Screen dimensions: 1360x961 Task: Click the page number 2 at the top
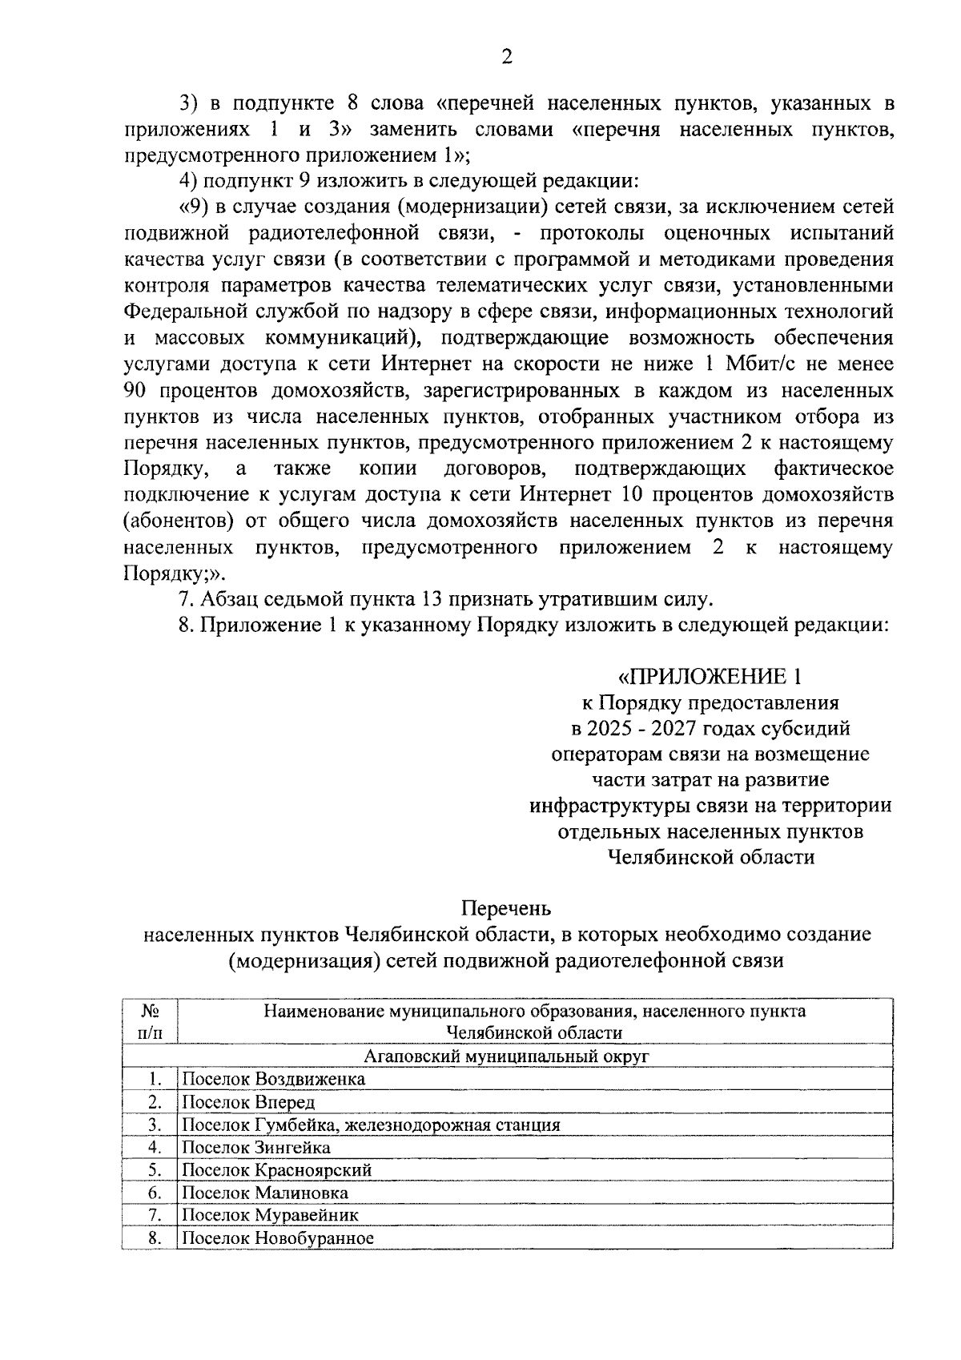coord(505,56)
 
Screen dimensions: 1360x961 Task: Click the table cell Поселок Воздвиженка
coord(273,1079)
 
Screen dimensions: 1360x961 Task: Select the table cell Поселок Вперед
coord(248,1102)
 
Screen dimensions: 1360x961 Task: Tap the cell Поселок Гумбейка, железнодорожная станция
coord(371,1125)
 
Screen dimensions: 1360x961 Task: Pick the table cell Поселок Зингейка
coord(255,1147)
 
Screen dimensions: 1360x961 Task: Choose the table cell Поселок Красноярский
coord(277,1170)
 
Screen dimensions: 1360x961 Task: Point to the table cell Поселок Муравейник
coord(270,1215)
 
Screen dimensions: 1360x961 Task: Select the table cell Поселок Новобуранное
coord(278,1238)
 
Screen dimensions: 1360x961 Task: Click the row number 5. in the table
coord(155,1170)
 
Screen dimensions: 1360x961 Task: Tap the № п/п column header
coord(150,1022)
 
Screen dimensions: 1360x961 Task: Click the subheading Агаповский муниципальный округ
coord(505,1056)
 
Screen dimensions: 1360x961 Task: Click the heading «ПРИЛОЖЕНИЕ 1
coord(710,677)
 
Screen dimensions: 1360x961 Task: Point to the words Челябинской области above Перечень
coord(710,858)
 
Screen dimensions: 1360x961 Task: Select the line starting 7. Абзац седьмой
coord(444,599)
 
